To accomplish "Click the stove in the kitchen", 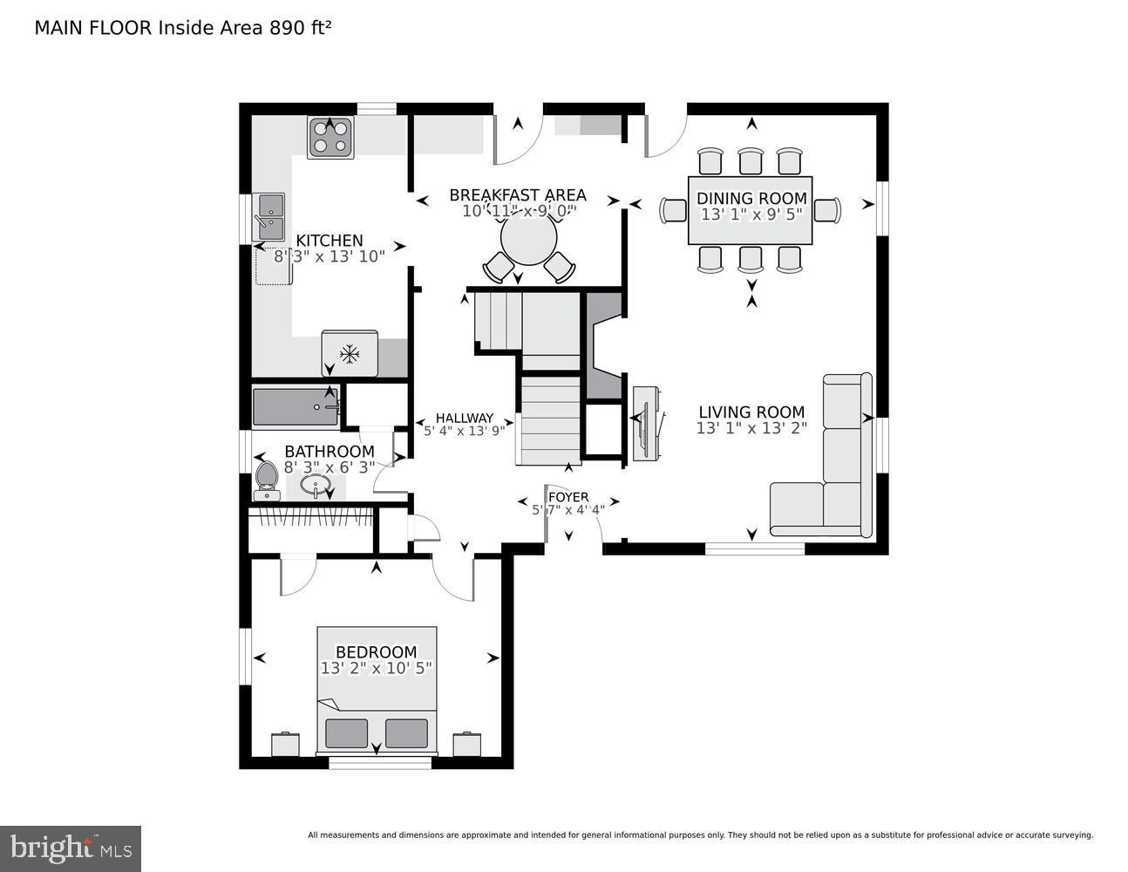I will pos(330,138).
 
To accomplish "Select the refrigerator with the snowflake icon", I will pos(350,353).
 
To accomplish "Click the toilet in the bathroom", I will pos(267,480).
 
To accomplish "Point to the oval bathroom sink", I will pos(315,484).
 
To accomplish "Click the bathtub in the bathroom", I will pos(296,407).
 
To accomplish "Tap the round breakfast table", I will pos(528,239).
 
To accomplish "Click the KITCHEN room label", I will pos(329,241).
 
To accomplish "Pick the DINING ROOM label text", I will pos(751,198).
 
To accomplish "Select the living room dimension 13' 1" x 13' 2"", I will pos(751,428).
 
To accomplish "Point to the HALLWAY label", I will pos(464,418).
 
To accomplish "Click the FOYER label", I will pos(567,497).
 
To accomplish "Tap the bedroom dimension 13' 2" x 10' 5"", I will pos(377,668).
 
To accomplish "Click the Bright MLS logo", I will pos(71,848).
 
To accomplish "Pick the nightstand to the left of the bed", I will pos(285,744).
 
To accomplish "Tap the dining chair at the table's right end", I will pos(827,210).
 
